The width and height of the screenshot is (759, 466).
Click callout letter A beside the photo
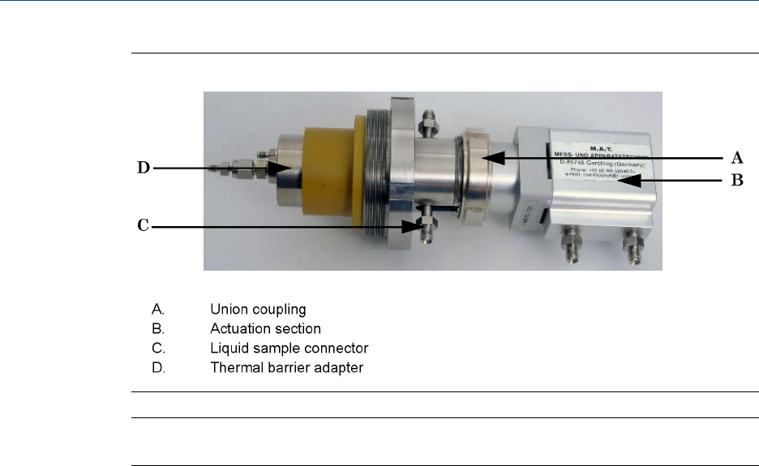[738, 158]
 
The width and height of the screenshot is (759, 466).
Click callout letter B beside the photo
[738, 182]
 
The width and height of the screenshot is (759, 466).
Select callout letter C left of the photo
[143, 226]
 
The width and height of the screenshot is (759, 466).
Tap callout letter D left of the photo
[143, 169]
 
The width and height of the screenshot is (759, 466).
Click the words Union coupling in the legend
[258, 309]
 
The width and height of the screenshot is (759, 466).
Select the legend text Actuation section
[265, 329]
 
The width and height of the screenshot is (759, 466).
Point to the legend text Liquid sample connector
[289, 348]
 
